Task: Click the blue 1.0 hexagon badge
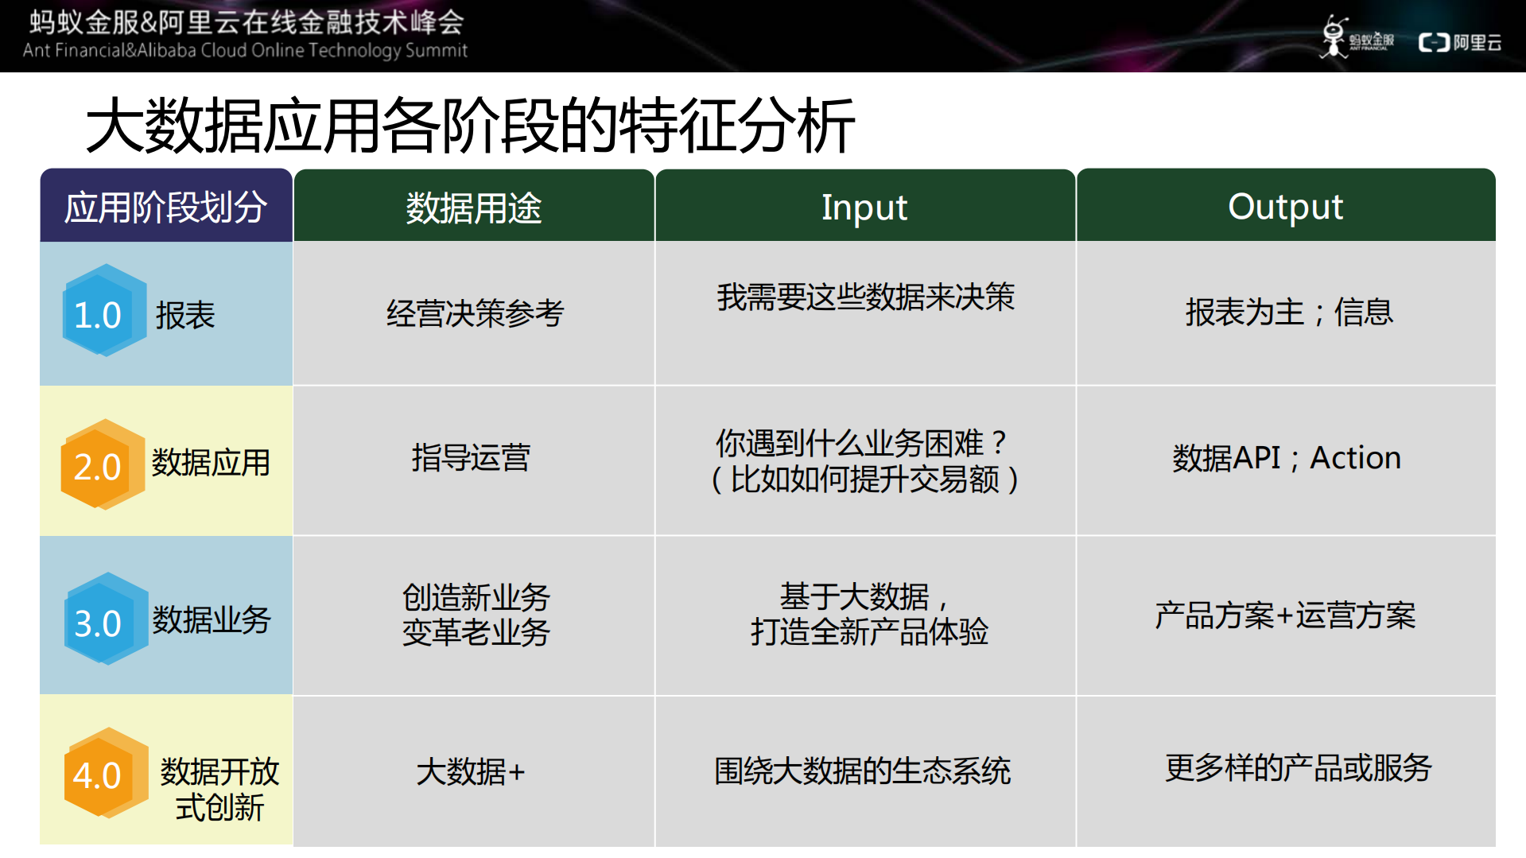[x=103, y=312]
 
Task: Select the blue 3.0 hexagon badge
[x=103, y=620]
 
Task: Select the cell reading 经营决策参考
[x=475, y=313]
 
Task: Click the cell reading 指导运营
[x=471, y=458]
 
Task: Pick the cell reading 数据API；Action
[x=1286, y=458]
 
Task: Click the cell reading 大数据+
[x=471, y=771]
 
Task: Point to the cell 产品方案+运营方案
[x=1285, y=615]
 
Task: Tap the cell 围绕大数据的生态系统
[x=863, y=771]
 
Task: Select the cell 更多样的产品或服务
[x=1298, y=768]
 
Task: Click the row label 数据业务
[x=212, y=619]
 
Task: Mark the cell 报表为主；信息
[x=1288, y=312]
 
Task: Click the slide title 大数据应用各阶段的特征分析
[x=470, y=125]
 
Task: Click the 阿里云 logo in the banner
[x=1460, y=42]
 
